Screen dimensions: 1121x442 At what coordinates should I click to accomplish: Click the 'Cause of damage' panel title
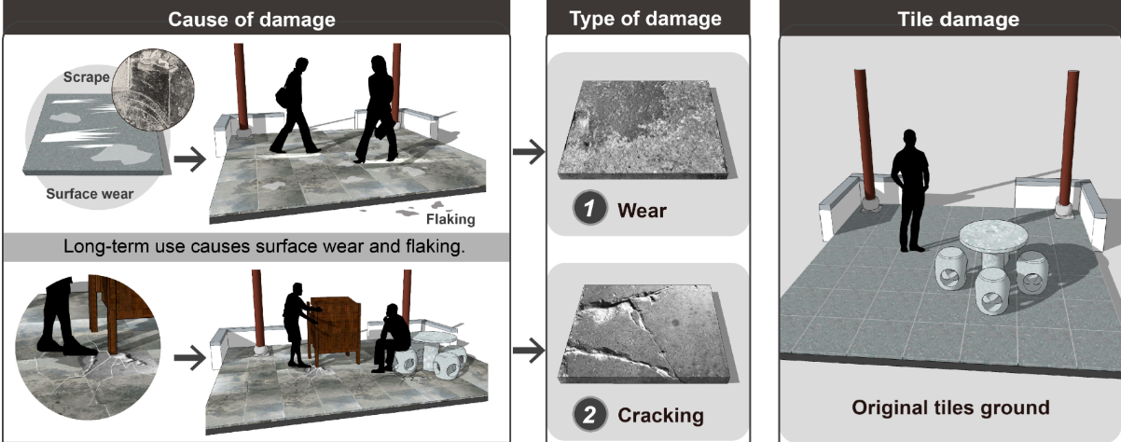tap(252, 20)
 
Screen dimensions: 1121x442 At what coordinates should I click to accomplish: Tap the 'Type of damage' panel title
tap(645, 19)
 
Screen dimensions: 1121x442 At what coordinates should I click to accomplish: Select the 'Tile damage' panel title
tap(959, 19)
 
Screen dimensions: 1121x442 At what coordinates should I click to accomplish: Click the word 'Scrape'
tap(86, 77)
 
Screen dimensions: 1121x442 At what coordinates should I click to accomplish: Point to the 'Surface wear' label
tap(90, 194)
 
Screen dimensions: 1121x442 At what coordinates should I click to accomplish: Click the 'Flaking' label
tap(450, 219)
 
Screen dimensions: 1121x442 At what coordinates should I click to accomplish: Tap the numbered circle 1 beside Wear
tap(589, 208)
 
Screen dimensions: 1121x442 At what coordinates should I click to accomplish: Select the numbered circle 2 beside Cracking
tap(589, 414)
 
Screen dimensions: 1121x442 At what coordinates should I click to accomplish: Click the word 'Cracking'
tap(660, 415)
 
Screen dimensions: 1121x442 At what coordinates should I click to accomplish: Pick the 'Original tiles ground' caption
tap(950, 407)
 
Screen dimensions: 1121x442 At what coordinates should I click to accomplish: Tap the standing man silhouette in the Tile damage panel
tap(911, 191)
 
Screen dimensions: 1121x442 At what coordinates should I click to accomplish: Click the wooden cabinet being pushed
tap(333, 328)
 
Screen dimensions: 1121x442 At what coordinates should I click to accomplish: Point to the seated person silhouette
tap(392, 338)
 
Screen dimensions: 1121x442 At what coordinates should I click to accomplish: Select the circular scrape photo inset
tap(153, 90)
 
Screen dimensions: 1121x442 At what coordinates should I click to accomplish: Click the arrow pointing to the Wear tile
tap(529, 151)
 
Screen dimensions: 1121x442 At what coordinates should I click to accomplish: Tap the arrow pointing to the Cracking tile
tap(529, 350)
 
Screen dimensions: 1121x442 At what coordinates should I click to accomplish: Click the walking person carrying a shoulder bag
tap(296, 105)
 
